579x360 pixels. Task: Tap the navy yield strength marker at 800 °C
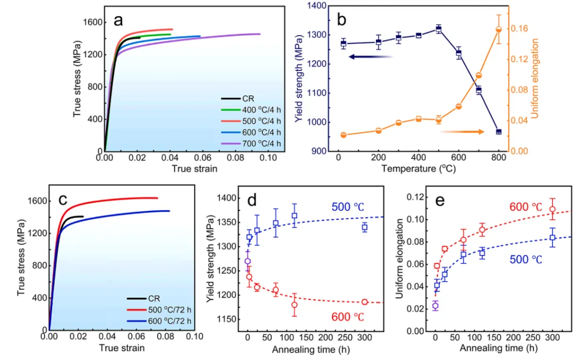(499, 131)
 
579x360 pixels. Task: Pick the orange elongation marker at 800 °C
(499, 30)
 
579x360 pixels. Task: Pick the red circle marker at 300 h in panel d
(365, 302)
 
